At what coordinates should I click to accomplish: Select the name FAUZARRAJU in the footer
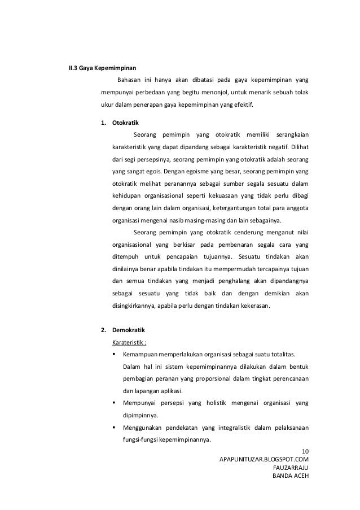(291, 467)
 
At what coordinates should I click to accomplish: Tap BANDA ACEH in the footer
(291, 476)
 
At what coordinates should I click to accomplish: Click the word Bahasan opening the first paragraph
(129, 79)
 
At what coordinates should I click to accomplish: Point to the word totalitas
(281, 354)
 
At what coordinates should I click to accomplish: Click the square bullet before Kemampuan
(115, 354)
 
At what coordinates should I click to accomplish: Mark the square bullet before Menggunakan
(115, 428)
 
